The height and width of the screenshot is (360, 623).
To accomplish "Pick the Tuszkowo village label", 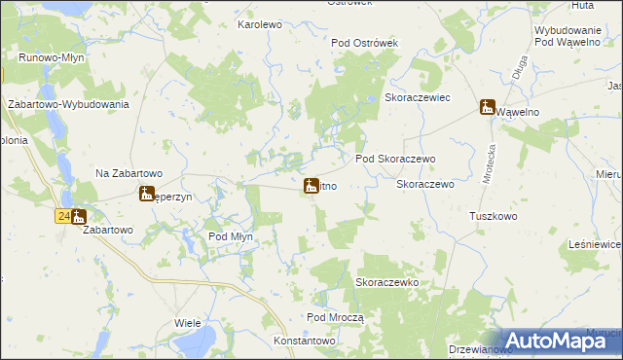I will click(x=493, y=216).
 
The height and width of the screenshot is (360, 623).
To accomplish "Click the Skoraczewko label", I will click(x=386, y=282).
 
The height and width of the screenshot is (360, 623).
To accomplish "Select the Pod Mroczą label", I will click(x=335, y=318).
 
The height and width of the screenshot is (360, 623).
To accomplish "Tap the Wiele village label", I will click(x=187, y=322).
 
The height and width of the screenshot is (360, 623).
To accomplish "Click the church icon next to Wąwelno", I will click(x=487, y=107).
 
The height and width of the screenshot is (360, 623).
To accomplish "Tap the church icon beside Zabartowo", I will click(x=78, y=218).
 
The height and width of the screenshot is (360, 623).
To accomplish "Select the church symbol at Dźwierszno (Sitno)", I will click(x=311, y=186).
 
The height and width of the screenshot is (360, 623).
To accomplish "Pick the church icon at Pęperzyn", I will click(x=146, y=193).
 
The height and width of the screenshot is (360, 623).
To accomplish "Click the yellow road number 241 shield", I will click(x=61, y=216).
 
